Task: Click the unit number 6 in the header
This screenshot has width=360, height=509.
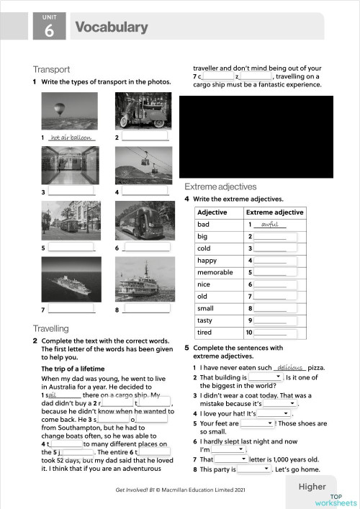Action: click(49, 30)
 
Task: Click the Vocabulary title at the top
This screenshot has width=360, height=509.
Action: click(111, 27)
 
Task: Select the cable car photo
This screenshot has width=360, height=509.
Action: click(143, 166)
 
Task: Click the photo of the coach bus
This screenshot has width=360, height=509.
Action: click(143, 220)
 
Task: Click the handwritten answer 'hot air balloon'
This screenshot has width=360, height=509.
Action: click(72, 137)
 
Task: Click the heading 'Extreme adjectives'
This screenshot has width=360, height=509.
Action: click(220, 186)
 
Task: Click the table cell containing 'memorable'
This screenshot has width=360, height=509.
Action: click(214, 273)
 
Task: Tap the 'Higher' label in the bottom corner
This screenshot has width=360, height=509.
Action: click(312, 486)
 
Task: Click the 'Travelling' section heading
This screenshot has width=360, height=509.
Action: click(51, 328)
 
